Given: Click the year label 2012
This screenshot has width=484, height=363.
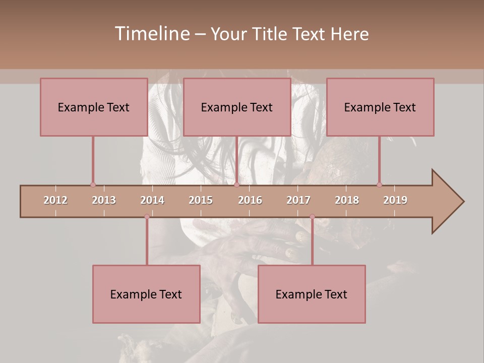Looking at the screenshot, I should point(55,200).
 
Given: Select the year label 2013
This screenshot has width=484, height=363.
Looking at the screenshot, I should point(104,200).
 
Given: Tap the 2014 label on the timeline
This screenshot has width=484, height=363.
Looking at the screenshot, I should point(152,200).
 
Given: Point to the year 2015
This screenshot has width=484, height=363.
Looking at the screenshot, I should point(201,200).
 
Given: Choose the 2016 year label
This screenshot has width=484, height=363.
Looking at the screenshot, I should point(250,200).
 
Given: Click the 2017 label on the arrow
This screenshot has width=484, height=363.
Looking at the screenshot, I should point(298,200).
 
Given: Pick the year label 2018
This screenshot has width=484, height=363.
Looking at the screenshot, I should point(347,200).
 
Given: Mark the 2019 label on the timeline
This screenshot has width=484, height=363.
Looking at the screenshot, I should point(395,200).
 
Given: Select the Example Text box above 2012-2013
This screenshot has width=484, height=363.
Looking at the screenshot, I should point(94,107).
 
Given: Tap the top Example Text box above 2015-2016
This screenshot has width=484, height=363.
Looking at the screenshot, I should point(237,107).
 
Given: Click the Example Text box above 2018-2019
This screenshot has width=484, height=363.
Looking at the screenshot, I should point(380,107).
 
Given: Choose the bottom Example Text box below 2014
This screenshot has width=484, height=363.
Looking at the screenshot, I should point(146,294).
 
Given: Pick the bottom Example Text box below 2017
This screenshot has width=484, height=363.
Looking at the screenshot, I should point(312,294).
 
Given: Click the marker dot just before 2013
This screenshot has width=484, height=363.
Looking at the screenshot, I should point(93,185).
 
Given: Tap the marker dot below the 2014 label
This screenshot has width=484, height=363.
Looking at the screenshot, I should point(147,217).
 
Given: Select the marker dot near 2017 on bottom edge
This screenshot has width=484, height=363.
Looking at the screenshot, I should point(312,217).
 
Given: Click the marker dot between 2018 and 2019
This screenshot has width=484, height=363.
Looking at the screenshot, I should point(379,185).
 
